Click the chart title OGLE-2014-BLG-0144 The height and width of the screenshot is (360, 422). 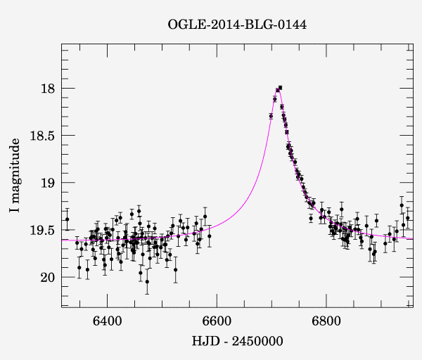(x=237, y=25)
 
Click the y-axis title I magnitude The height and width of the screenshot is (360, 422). (x=15, y=175)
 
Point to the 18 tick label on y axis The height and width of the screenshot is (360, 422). (x=46, y=89)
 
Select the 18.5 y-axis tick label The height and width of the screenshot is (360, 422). (x=41, y=136)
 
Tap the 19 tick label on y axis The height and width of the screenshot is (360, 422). (x=46, y=183)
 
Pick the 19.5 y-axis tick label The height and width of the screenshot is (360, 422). (x=41, y=230)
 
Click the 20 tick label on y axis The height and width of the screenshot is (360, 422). (x=46, y=277)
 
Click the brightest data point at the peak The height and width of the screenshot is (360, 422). (x=280, y=88)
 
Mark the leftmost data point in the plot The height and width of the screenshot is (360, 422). (x=67, y=219)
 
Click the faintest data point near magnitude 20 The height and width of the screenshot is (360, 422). (x=147, y=281)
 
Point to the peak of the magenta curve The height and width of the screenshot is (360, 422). (x=279, y=88)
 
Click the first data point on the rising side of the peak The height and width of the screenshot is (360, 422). (x=271, y=116)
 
